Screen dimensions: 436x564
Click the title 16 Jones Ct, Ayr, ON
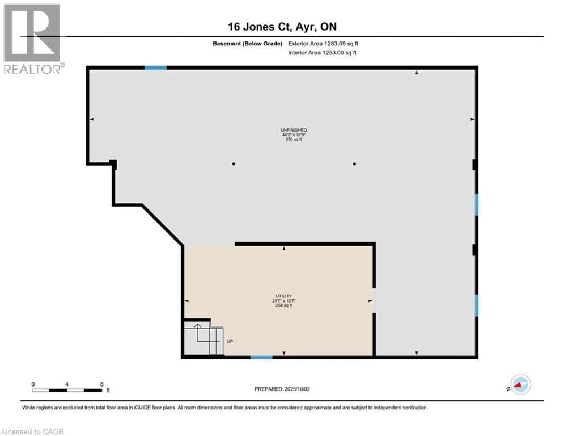click(x=282, y=26)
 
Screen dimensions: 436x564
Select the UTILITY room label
click(x=283, y=296)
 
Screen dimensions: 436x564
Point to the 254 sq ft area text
click(x=283, y=305)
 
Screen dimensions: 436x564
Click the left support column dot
click(x=233, y=164)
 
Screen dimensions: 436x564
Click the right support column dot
click(x=354, y=164)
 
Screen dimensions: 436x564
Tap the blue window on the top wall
click(x=155, y=68)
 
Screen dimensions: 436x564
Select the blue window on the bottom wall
click(x=261, y=357)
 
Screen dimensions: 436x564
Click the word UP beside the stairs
click(x=230, y=341)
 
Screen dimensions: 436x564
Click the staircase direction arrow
click(x=197, y=326)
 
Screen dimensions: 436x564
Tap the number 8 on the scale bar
click(x=101, y=384)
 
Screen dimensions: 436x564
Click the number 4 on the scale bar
click(x=67, y=384)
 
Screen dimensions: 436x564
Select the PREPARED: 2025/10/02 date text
click(x=282, y=389)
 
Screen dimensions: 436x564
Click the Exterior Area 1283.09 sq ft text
click(x=323, y=43)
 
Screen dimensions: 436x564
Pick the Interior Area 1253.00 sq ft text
click(x=323, y=53)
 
